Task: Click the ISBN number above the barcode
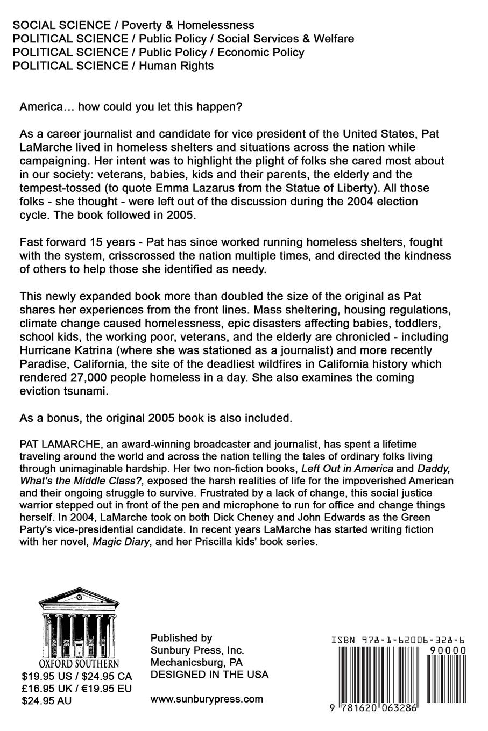pyautogui.click(x=398, y=640)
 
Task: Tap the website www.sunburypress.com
pyautogui.click(x=207, y=699)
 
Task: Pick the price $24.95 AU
pyautogui.click(x=46, y=700)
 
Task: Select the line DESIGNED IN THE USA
pyautogui.click(x=209, y=675)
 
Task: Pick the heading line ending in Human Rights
pyautogui.click(x=113, y=66)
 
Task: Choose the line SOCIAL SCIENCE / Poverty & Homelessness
pyautogui.click(x=133, y=25)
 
